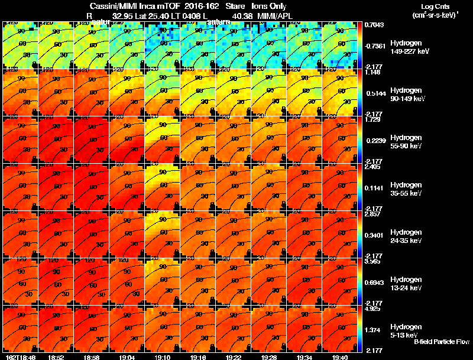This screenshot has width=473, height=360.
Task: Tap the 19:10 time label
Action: (x=163, y=356)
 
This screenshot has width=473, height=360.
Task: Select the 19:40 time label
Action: (x=340, y=356)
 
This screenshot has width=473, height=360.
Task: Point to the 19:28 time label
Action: (x=269, y=356)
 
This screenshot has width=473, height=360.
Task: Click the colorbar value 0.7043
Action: (x=374, y=24)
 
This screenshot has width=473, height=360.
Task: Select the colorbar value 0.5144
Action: (x=374, y=93)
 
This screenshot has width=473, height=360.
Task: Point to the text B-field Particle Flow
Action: (x=441, y=342)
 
